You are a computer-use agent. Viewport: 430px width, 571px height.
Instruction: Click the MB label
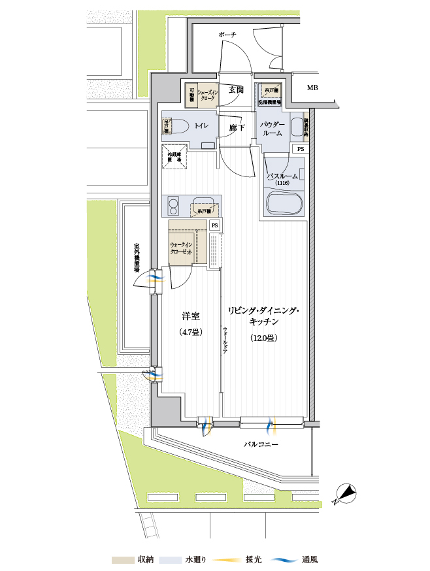click(x=312, y=88)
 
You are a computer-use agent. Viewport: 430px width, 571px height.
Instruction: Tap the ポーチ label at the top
click(x=227, y=34)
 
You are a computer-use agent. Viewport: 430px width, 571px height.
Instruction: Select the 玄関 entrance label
click(x=236, y=90)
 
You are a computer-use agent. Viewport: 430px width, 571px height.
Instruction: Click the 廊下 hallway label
click(x=237, y=128)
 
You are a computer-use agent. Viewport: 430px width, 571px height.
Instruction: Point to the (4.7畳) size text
click(x=190, y=332)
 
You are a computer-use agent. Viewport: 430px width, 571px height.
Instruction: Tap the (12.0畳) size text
click(x=264, y=338)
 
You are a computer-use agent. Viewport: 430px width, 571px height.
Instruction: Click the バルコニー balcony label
click(x=261, y=444)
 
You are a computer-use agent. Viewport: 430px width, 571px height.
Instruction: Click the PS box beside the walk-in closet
click(x=214, y=225)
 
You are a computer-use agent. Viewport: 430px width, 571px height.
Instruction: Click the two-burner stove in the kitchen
click(x=174, y=206)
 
